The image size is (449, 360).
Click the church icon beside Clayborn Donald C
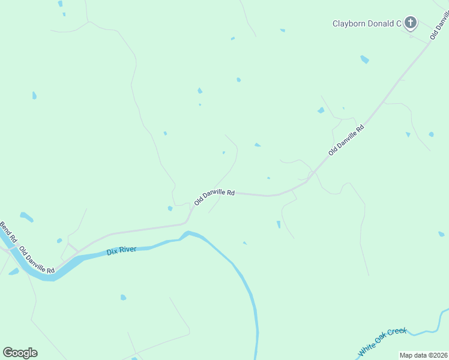411,23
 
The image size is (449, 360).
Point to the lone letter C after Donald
398,24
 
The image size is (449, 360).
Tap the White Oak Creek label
382,341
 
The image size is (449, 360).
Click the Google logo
20,353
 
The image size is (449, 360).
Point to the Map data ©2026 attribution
423,355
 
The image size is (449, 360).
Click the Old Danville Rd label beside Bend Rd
37,260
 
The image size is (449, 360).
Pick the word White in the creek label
367,348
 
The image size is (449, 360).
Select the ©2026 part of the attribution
436,355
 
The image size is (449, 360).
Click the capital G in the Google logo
8,352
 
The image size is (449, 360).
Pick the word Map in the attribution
406,355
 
